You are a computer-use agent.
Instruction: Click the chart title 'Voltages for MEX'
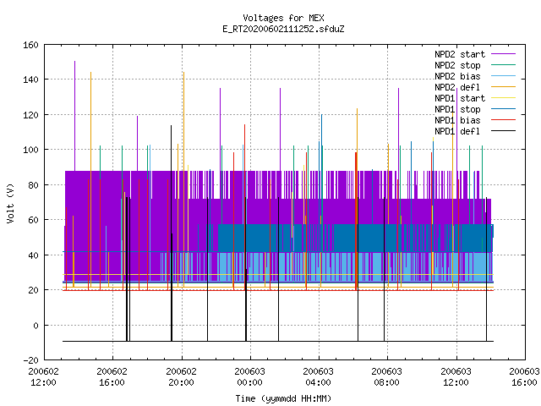click(283, 18)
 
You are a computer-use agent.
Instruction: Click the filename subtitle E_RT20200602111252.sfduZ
click(283, 29)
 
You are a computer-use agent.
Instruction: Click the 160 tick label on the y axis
click(30, 45)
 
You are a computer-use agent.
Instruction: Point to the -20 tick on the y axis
click(30, 360)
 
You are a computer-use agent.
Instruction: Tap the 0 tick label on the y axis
click(36, 325)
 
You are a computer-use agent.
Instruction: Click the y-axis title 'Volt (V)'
click(10, 203)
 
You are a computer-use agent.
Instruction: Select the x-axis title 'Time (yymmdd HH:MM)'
click(283, 398)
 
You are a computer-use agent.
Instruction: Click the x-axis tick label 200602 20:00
click(181, 377)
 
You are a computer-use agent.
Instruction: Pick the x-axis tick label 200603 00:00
click(250, 377)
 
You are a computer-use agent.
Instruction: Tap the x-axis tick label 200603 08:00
click(387, 377)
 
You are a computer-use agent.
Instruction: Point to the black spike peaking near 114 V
click(171, 233)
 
